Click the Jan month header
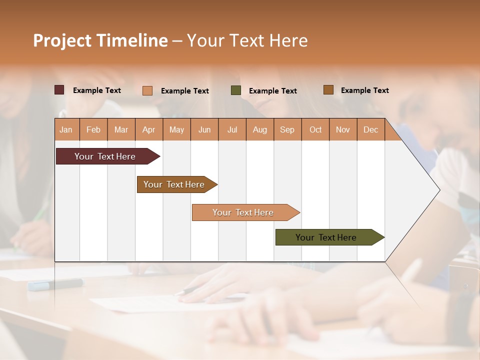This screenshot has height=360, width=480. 66,129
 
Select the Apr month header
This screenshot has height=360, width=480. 149,129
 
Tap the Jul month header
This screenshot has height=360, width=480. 232,129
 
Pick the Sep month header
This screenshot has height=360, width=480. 287,129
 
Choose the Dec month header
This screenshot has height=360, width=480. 370,129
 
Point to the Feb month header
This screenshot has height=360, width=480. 93,129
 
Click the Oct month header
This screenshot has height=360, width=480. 315,129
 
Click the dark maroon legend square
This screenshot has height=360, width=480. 59,90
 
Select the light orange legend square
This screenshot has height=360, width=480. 147,90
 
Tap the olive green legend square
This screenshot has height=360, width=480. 236,90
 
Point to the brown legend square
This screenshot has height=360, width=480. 328,90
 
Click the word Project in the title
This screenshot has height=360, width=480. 62,40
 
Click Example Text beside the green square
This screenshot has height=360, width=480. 272,91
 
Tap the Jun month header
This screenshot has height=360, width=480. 204,129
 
